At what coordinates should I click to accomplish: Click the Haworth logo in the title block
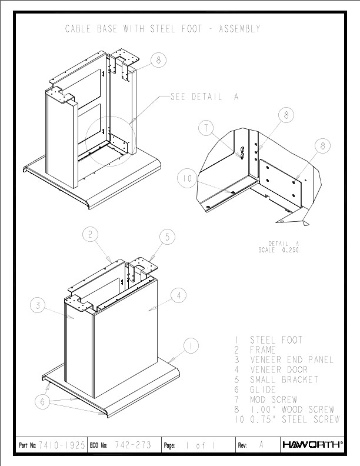313,445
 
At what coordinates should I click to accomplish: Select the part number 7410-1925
62,445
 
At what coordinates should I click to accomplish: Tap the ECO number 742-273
133,445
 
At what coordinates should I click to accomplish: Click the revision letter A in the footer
261,444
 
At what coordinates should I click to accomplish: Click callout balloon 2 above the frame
91,235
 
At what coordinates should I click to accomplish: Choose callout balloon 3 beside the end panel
38,305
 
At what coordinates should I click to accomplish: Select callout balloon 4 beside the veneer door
178,295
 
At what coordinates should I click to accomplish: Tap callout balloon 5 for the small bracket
167,237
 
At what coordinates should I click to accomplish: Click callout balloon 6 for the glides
42,402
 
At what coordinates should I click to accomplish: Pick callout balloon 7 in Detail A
206,128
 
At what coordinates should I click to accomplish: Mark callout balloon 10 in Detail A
187,178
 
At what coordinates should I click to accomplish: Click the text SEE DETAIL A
204,96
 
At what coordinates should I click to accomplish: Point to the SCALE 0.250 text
279,250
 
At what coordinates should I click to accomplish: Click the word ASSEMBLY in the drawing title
239,29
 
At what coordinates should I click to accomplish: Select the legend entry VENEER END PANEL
292,360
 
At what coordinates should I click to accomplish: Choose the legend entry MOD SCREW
274,400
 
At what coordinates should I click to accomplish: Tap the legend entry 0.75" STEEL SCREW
295,420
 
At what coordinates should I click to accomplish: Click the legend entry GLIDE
263,390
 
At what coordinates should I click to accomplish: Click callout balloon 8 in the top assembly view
158,61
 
